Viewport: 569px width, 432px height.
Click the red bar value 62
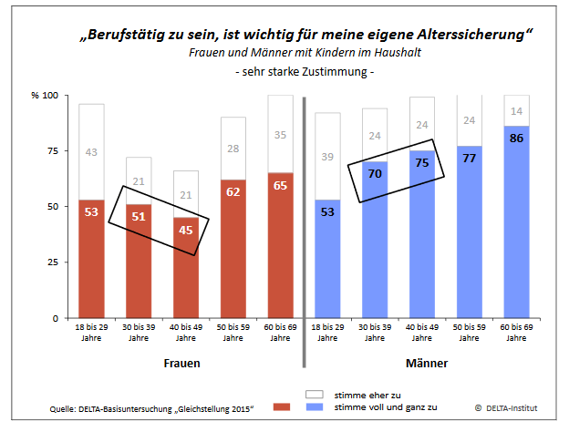click(233, 192)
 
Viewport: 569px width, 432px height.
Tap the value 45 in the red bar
click(185, 230)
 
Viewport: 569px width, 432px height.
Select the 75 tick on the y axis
click(50, 151)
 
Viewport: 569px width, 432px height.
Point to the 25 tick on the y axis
click(50, 262)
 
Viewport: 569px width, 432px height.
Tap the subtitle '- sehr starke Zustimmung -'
click(305, 71)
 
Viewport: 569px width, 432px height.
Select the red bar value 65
click(280, 185)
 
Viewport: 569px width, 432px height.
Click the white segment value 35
click(280, 134)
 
